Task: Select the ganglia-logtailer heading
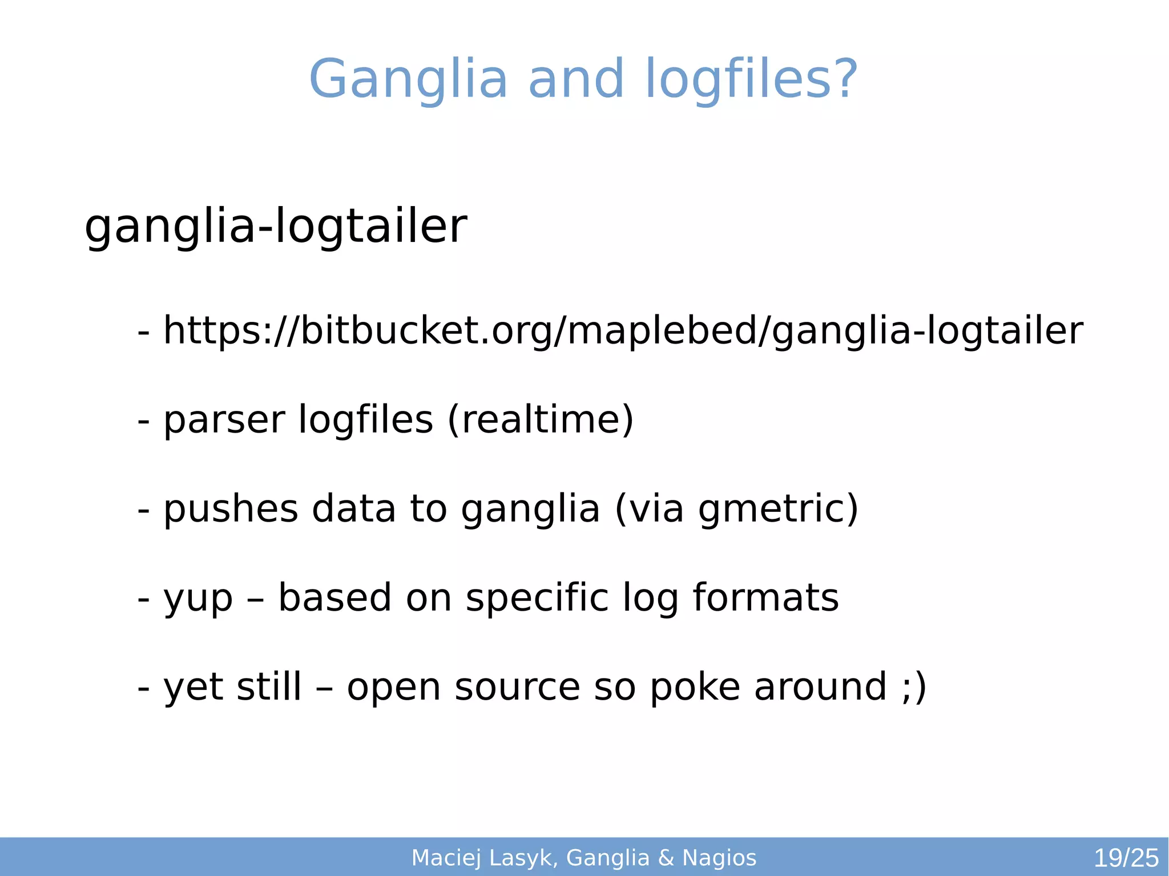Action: point(276,227)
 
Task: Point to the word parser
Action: point(224,420)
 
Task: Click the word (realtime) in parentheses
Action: point(540,419)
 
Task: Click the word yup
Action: point(198,598)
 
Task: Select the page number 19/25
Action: point(1126,858)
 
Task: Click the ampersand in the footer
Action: point(666,858)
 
